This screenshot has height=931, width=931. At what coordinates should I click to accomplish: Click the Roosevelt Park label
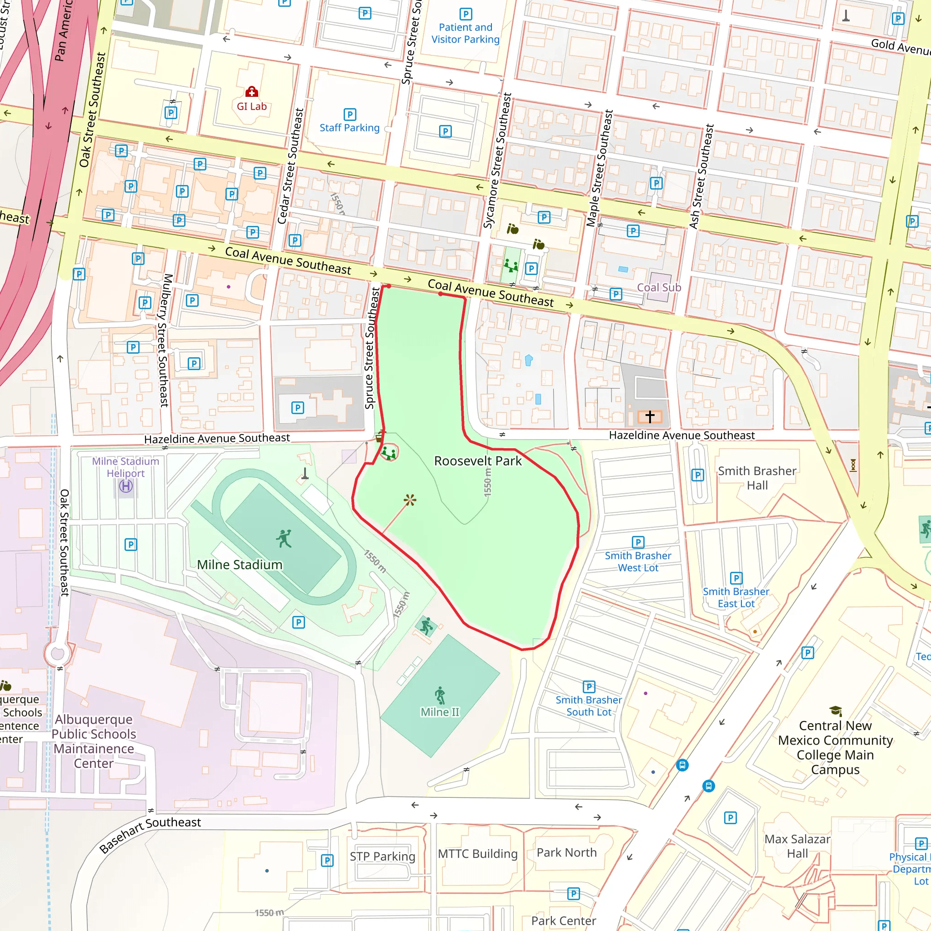click(478, 461)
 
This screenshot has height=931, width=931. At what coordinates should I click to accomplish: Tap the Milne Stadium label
click(240, 565)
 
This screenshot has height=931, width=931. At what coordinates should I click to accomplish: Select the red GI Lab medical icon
click(251, 91)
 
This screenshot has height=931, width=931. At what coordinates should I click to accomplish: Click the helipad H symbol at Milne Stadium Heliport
click(126, 486)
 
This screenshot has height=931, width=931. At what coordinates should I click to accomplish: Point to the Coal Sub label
click(659, 288)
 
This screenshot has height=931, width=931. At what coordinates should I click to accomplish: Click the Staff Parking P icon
click(350, 114)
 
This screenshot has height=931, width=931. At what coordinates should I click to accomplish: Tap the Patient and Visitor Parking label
click(465, 33)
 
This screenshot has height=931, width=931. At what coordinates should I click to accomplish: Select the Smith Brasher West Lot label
click(638, 561)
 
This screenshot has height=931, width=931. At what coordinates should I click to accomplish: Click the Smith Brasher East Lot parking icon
click(736, 578)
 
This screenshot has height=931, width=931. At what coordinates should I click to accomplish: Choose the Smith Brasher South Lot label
click(588, 706)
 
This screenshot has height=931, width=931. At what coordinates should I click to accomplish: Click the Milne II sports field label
click(440, 712)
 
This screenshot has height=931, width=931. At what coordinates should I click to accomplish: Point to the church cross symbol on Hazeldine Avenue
click(650, 416)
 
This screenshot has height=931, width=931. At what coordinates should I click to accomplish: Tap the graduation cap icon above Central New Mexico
click(835, 711)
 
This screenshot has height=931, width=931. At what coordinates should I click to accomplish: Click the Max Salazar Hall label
click(797, 846)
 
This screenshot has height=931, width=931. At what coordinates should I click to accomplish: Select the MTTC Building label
click(478, 854)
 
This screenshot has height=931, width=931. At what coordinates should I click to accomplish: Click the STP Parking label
click(382, 856)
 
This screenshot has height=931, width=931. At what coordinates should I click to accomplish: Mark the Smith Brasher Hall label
click(757, 478)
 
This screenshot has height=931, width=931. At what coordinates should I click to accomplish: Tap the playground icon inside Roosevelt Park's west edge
click(388, 453)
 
